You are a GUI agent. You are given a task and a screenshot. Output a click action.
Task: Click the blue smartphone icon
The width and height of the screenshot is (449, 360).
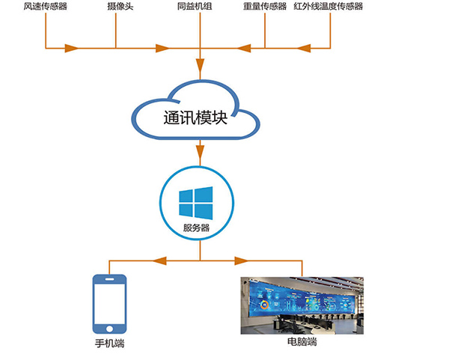109,304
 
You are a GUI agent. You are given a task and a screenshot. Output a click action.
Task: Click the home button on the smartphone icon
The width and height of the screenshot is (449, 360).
109,327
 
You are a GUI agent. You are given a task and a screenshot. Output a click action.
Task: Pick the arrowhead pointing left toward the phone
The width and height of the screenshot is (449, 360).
158,261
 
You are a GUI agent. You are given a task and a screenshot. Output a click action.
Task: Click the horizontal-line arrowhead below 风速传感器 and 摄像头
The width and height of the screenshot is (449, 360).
72,49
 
